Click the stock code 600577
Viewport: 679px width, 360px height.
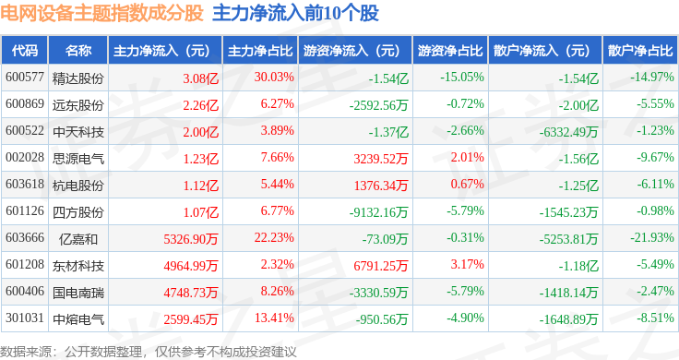click(25, 78)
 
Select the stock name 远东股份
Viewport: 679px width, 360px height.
click(77, 105)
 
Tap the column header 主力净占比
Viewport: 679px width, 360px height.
click(260, 51)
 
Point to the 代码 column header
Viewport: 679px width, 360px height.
click(25, 51)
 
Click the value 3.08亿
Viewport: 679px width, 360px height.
click(200, 78)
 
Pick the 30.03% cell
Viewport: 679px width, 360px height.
click(274, 78)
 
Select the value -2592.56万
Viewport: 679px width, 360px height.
click(378, 105)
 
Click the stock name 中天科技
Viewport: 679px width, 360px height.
click(77, 132)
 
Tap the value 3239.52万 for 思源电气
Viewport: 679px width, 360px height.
click(381, 159)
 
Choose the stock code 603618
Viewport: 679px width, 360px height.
click(25, 184)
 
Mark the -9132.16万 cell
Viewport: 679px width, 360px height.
click(378, 212)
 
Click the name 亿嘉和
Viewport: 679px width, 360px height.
click(77, 239)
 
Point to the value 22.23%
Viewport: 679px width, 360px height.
click(274, 238)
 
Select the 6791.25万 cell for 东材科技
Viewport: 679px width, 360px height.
click(381, 266)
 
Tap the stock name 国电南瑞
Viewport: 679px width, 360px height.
click(77, 293)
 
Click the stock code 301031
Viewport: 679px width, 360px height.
click(25, 318)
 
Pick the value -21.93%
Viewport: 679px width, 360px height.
click(651, 238)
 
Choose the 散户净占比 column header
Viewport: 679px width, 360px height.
click(640, 51)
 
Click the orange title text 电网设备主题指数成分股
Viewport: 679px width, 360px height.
click(101, 13)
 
